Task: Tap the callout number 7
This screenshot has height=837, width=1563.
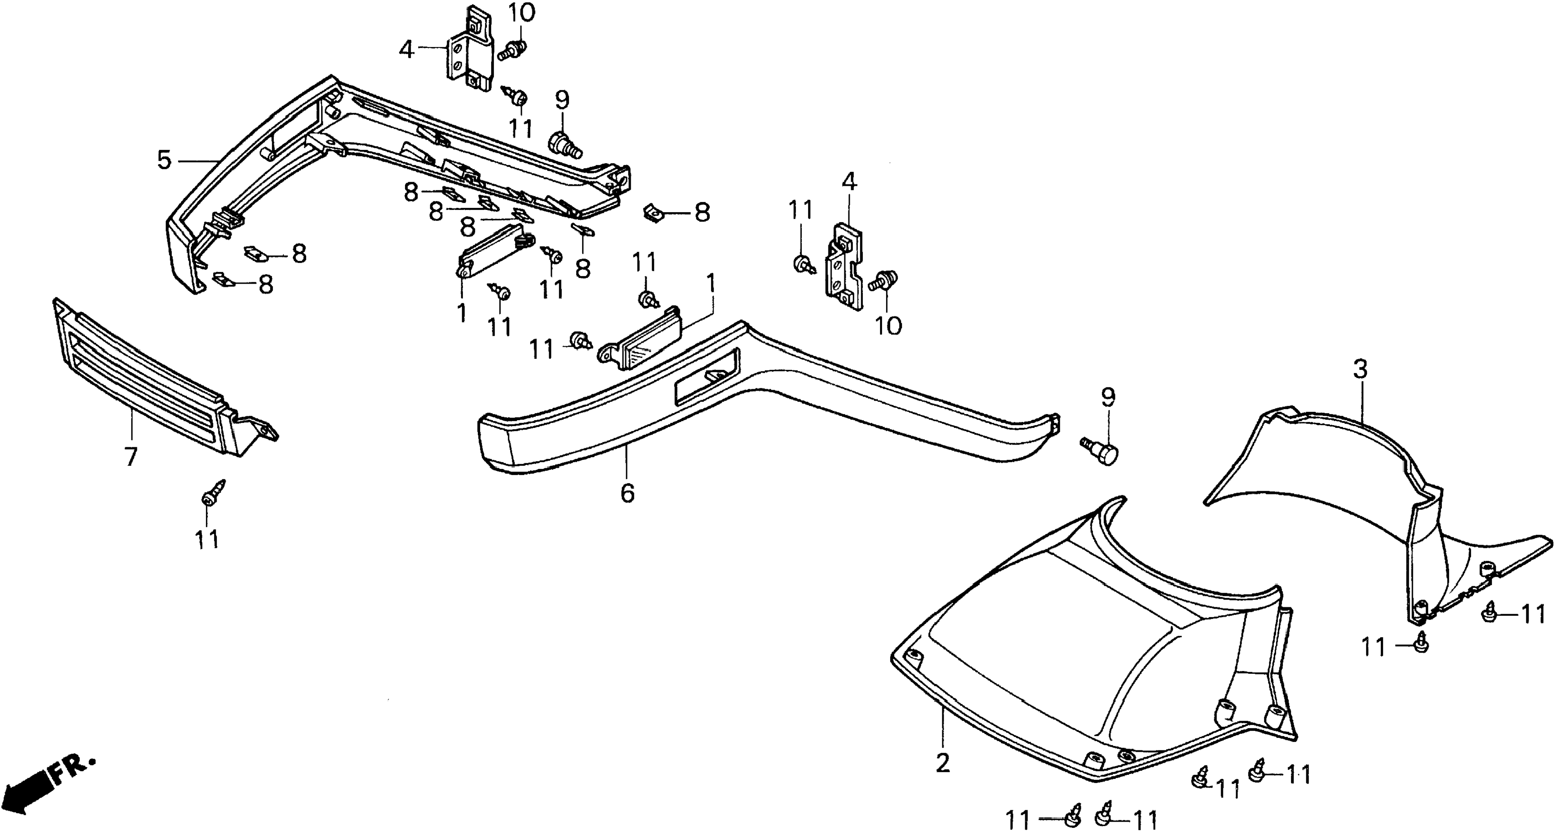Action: click(131, 456)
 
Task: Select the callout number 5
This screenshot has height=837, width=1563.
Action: click(165, 160)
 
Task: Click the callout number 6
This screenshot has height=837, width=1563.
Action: click(628, 493)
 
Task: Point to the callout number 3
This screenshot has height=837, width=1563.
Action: click(1361, 369)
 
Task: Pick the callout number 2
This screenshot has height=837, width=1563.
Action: click(942, 763)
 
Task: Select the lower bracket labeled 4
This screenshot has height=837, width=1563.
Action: click(844, 267)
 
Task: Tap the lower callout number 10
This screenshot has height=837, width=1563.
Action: click(888, 326)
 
